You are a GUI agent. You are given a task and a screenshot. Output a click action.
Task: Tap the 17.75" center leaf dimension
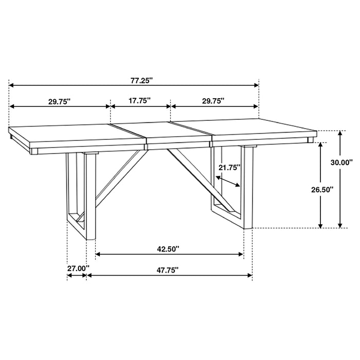click(139, 101)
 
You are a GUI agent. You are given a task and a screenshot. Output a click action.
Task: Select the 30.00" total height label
click(341, 162)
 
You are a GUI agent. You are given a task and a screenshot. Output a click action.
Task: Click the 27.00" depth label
click(78, 268)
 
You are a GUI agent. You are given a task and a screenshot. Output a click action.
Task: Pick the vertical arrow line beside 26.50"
click(321, 185)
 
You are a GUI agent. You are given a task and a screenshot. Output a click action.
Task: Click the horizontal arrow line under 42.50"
click(170, 254)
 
